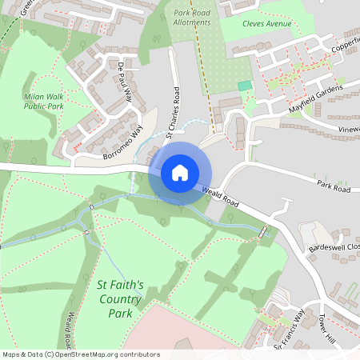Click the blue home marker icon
(x=180, y=172)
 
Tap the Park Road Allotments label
(x=192, y=17)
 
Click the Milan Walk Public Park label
(x=43, y=99)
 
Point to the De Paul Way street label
(x=124, y=80)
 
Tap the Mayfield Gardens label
(x=315, y=95)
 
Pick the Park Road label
(x=333, y=188)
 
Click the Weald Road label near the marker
(x=221, y=196)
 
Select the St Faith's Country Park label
(x=120, y=298)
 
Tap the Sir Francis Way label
(x=290, y=330)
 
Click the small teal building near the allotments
(x=245, y=85)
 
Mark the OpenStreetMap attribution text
(x=80, y=354)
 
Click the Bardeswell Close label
(x=334, y=247)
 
